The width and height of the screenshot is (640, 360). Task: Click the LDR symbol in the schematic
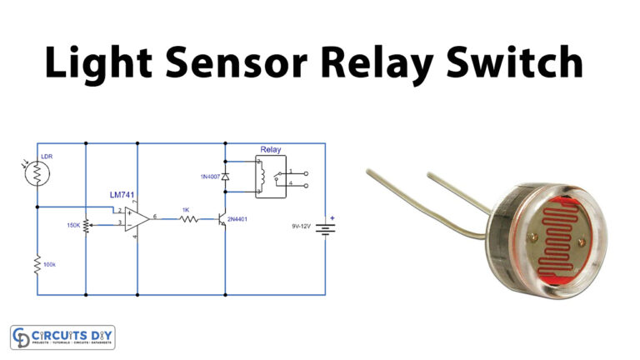(38, 172)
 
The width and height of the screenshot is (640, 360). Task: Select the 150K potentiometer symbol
(87, 223)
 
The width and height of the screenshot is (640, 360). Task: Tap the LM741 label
(123, 194)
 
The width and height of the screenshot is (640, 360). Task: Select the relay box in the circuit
(271, 176)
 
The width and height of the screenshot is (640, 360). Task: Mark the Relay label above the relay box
(270, 150)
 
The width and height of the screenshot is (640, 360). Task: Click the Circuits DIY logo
(62, 337)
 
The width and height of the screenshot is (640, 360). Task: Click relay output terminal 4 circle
(306, 186)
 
